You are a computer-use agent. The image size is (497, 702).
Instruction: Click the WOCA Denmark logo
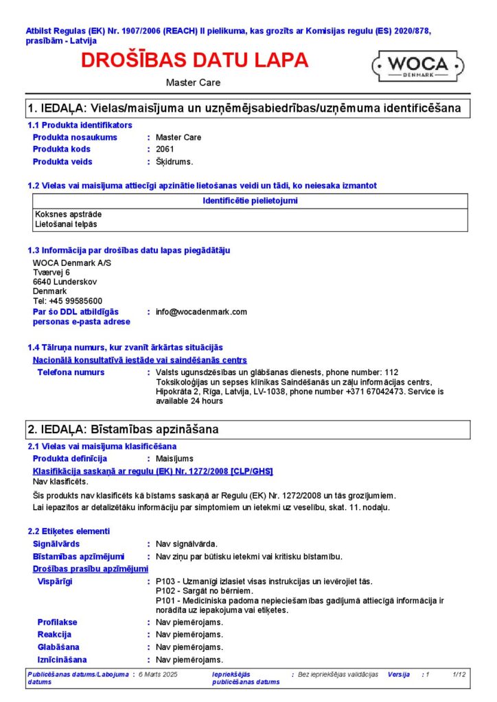tap(419, 66)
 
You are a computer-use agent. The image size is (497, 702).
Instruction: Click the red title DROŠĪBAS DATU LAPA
tap(195, 60)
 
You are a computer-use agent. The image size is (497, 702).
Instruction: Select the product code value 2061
tap(165, 149)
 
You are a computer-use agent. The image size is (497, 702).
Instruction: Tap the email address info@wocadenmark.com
tap(201, 312)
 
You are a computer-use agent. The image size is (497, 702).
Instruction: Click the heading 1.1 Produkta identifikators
tap(80, 125)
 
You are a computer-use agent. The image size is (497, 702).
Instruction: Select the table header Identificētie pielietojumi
tap(251, 201)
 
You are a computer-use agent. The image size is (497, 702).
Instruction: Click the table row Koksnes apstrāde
tap(62, 215)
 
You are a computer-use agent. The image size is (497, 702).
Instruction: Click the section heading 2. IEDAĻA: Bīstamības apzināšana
tap(123, 430)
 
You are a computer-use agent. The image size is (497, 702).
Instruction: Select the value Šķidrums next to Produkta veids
tap(174, 162)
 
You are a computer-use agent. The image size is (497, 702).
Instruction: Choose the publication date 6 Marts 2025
tap(158, 675)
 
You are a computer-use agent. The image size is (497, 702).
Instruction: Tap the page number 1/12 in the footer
tap(459, 675)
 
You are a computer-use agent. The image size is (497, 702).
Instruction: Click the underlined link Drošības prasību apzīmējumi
tap(91, 569)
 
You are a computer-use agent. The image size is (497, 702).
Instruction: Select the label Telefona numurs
tap(71, 372)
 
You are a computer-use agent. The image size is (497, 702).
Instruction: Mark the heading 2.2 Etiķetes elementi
tap(68, 531)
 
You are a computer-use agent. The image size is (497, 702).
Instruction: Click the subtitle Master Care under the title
tap(193, 82)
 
